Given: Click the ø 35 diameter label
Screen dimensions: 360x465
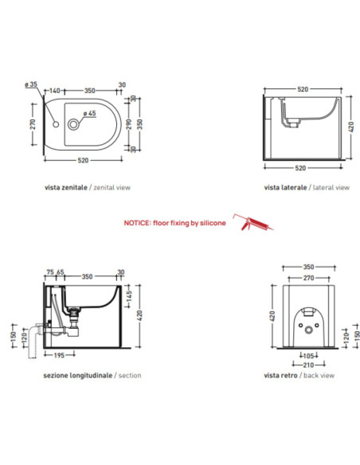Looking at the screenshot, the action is click(x=31, y=84).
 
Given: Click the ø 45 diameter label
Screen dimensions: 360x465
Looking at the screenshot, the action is click(x=90, y=113).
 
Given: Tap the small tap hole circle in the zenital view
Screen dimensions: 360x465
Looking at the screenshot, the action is click(x=56, y=124).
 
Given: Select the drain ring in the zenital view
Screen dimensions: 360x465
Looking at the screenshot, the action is click(x=73, y=124).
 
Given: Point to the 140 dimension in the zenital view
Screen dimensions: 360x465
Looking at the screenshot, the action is click(x=55, y=91).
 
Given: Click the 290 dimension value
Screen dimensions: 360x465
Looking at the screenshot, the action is click(x=129, y=124).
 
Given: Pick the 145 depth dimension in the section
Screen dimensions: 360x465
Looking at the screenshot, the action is click(x=129, y=296).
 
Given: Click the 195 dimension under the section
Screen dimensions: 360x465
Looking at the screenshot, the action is click(x=59, y=355).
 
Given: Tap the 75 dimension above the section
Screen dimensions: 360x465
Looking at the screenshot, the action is click(x=50, y=272).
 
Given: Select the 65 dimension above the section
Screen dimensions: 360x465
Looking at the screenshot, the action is click(x=61, y=272).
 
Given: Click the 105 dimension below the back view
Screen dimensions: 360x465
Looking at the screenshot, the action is click(x=309, y=356).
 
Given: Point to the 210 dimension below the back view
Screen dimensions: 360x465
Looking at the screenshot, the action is click(x=308, y=365).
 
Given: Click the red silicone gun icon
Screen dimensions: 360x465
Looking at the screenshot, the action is click(x=253, y=222).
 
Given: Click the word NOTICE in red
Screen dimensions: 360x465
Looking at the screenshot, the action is click(x=137, y=223).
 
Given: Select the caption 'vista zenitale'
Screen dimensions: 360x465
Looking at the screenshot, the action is click(x=66, y=187).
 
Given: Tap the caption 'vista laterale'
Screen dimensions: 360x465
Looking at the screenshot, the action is click(x=285, y=187).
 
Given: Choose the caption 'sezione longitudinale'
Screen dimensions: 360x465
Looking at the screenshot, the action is click(x=78, y=376).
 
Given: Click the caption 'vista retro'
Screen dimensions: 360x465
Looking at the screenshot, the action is click(x=280, y=376).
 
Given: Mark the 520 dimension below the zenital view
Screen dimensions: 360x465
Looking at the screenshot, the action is click(x=83, y=160).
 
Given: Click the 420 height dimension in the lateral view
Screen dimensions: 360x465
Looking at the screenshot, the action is click(x=351, y=127).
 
